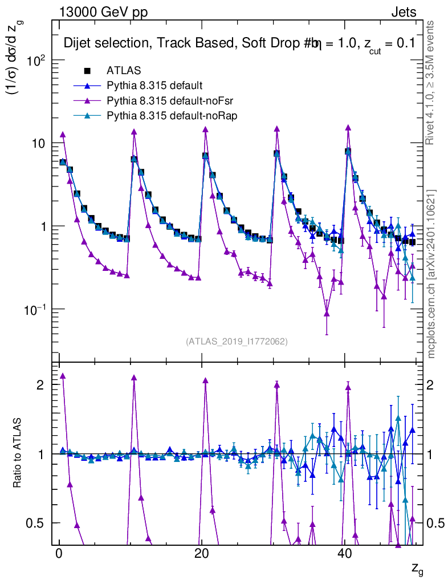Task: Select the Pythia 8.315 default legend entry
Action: click(154, 86)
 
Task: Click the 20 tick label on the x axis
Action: click(201, 555)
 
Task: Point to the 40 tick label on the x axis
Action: click(344, 555)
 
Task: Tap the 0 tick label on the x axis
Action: click(59, 555)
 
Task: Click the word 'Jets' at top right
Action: click(404, 12)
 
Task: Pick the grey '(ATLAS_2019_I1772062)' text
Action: click(237, 342)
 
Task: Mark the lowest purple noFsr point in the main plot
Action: click(327, 313)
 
